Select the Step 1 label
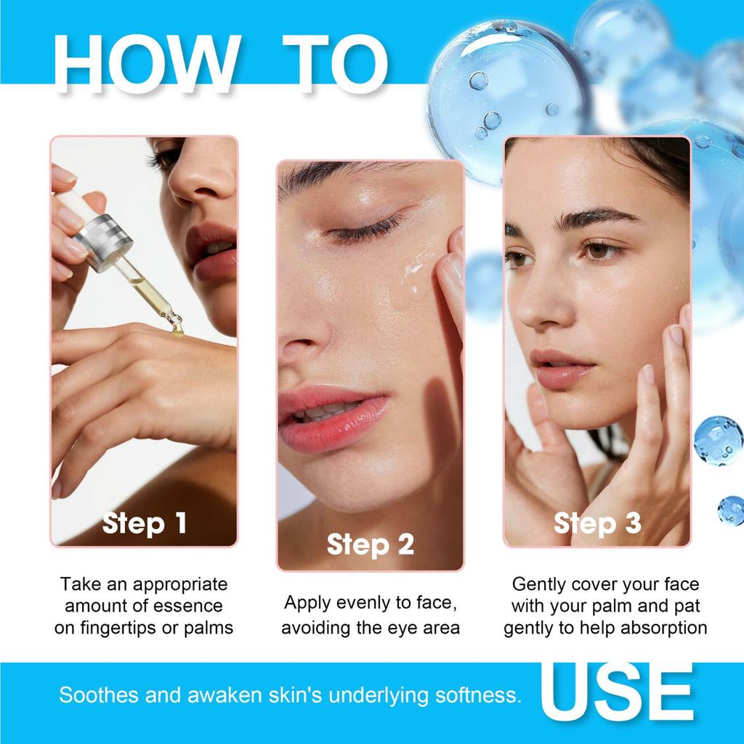pos(145,522)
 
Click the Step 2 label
pos(371,543)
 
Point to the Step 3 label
pos(597,522)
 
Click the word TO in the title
pos(333,63)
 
